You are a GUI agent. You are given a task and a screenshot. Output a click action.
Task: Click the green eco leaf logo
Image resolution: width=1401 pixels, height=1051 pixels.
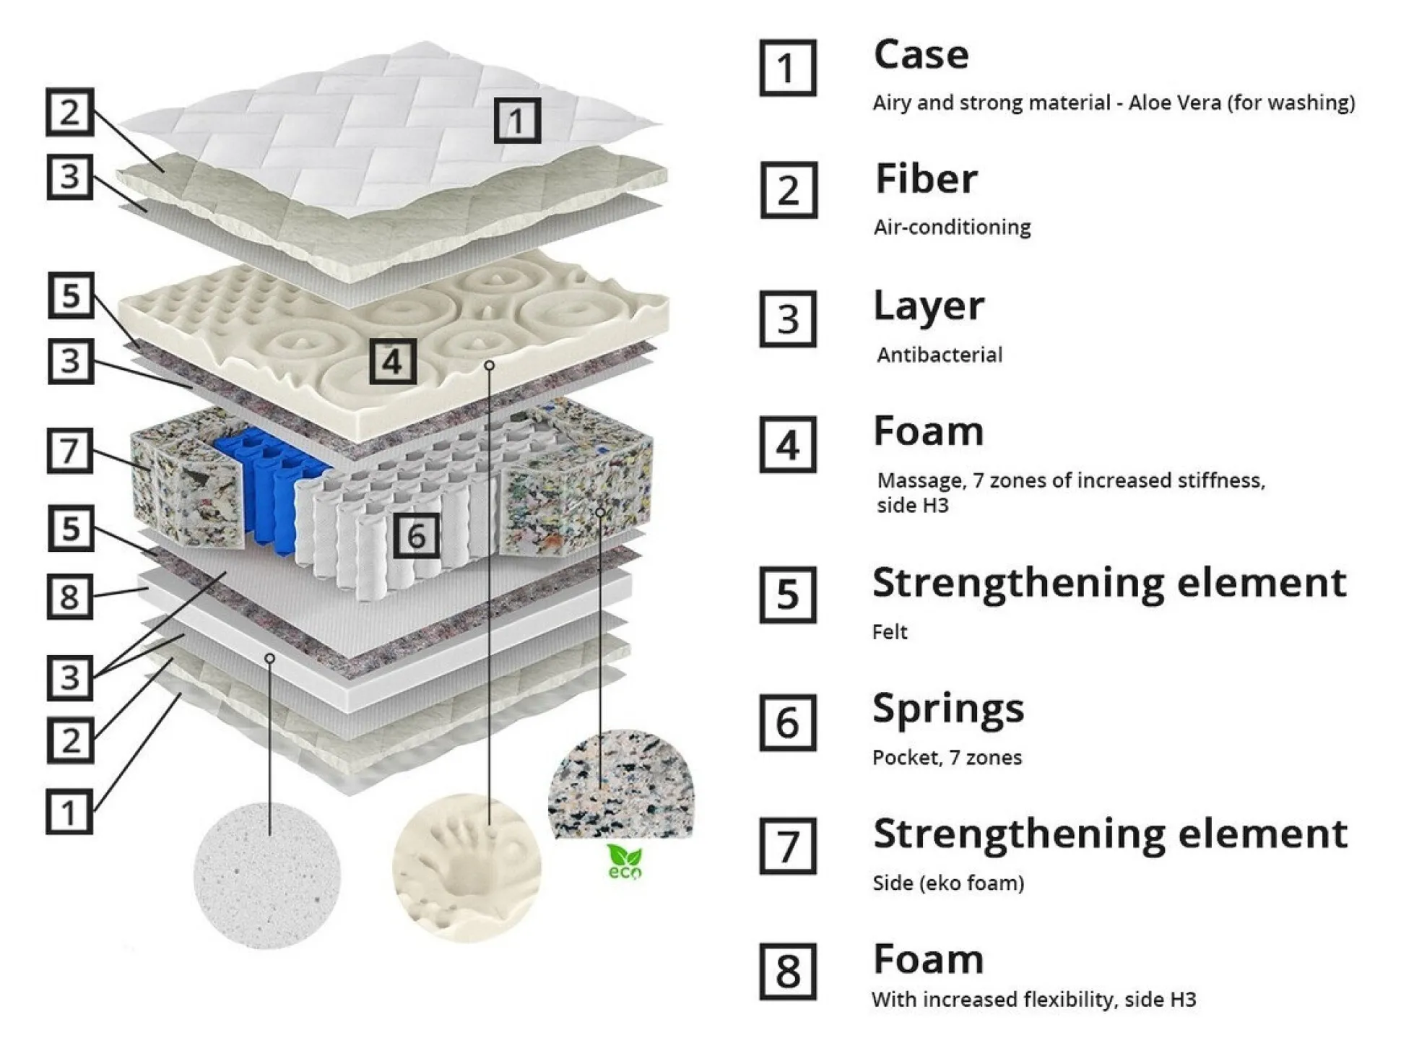(623, 862)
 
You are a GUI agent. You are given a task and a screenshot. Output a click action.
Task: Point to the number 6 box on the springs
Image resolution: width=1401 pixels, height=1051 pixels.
(416, 536)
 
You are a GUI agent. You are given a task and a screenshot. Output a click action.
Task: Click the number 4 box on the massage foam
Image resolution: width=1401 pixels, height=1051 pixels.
(393, 361)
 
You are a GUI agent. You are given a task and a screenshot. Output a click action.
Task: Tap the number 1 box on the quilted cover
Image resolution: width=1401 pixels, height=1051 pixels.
(517, 121)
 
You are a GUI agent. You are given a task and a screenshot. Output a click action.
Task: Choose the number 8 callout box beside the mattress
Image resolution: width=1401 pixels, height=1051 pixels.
(70, 596)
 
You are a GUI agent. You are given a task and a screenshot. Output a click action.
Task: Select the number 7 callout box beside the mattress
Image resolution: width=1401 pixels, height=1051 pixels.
(70, 451)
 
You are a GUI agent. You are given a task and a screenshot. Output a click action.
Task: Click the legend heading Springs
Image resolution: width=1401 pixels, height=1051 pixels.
(947, 709)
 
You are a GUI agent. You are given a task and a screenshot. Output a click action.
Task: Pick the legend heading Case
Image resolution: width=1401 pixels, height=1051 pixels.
(921, 55)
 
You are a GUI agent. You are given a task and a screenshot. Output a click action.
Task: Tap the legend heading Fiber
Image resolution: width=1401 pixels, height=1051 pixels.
(926, 179)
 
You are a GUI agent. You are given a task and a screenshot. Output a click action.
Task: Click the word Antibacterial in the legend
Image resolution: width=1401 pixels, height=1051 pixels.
(939, 355)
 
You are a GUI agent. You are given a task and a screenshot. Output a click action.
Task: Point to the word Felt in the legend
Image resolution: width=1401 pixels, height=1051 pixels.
(890, 632)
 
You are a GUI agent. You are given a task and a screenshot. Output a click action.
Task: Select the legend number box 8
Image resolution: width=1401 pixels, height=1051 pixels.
(788, 972)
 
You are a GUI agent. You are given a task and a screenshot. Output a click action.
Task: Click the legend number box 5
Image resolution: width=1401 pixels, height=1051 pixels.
(788, 594)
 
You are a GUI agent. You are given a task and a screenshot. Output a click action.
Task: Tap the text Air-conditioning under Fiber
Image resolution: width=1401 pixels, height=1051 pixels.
(952, 228)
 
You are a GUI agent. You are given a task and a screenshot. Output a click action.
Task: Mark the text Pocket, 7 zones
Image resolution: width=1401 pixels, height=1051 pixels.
(947, 758)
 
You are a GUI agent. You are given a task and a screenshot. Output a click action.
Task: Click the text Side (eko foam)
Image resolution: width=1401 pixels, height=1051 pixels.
(948, 883)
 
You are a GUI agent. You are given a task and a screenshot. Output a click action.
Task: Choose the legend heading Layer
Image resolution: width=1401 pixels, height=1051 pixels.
(928, 306)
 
